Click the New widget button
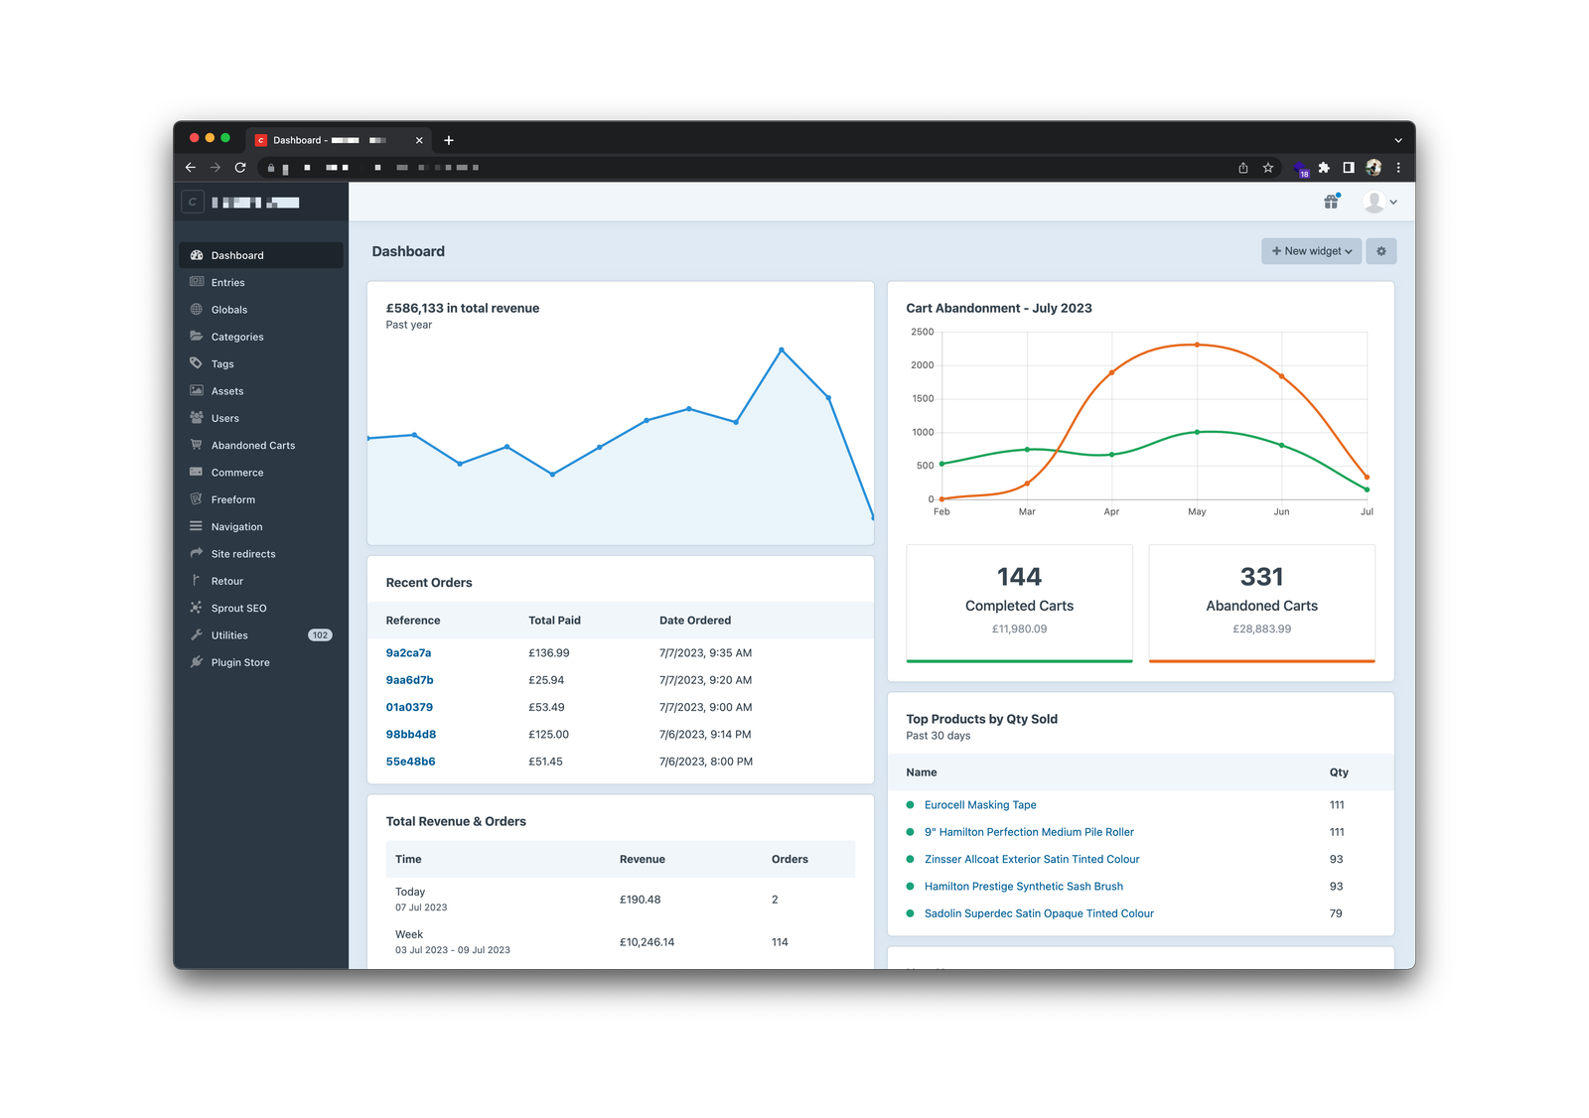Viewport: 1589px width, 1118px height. point(1311,251)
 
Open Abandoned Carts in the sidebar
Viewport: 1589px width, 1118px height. point(252,446)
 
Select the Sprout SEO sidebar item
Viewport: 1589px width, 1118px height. point(238,609)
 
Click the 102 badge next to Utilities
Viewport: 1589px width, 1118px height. point(320,635)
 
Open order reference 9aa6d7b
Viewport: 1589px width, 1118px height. point(409,680)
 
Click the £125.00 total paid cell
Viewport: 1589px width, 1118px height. point(548,735)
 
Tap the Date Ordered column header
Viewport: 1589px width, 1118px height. point(694,621)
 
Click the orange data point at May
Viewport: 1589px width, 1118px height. point(1197,345)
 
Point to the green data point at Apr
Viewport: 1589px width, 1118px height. point(1111,455)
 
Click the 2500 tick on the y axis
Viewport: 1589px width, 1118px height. point(922,332)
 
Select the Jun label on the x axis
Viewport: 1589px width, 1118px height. point(1281,512)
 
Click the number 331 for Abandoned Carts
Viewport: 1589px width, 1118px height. point(1261,577)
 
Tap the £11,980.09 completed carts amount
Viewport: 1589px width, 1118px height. point(1019,629)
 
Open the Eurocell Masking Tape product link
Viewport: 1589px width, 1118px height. point(979,805)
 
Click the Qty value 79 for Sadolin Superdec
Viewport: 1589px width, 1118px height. point(1335,913)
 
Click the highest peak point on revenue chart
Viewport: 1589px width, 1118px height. point(782,349)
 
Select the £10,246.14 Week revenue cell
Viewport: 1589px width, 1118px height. point(647,942)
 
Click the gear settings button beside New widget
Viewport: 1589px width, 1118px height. point(1380,251)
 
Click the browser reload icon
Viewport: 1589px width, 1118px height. point(240,168)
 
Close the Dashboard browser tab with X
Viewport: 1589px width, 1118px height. point(419,140)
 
